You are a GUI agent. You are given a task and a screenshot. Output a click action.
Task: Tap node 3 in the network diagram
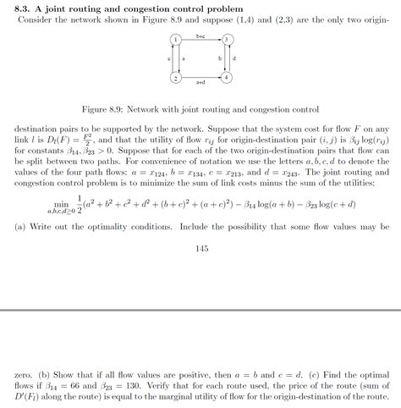tap(226, 40)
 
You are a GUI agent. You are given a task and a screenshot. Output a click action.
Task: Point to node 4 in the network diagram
tap(226, 78)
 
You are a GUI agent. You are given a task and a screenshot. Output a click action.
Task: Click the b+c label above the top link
tap(200, 36)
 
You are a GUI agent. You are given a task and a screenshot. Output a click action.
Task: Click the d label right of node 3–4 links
tap(234, 58)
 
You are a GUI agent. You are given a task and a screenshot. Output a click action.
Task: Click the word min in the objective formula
tap(61, 203)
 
